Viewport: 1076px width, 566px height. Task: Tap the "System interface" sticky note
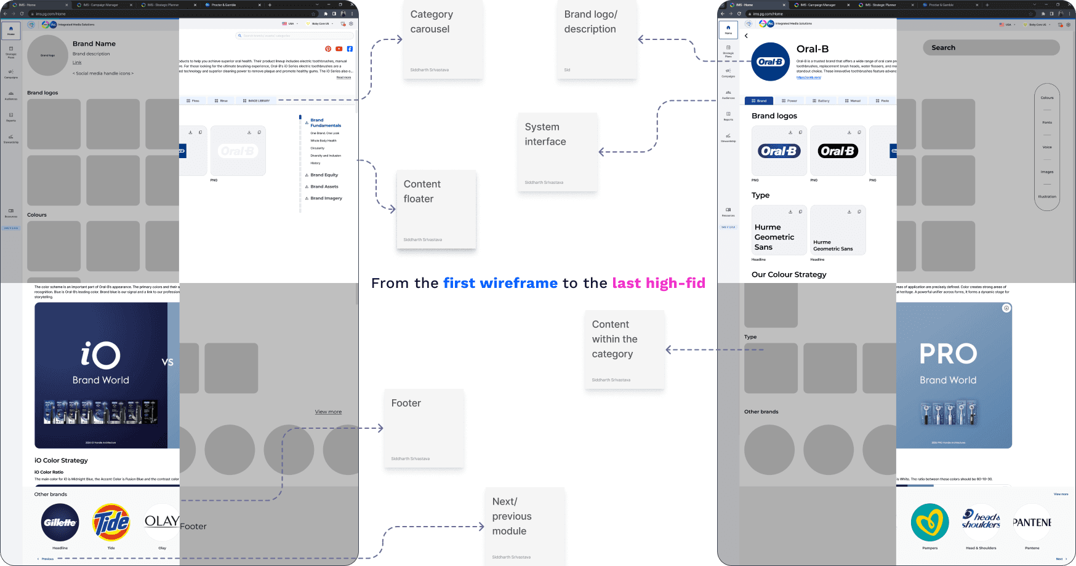point(557,151)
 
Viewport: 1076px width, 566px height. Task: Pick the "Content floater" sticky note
point(436,209)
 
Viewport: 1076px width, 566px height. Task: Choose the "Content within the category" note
point(624,349)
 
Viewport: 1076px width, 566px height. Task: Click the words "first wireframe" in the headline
point(500,283)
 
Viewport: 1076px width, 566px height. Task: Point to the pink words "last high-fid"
point(659,283)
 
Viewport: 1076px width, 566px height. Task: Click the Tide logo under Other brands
point(111,523)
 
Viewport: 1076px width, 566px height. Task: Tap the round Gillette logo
point(60,523)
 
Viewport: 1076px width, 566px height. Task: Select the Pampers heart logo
point(929,523)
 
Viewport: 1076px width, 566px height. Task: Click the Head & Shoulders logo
point(981,520)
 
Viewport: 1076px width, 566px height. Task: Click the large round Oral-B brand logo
point(770,62)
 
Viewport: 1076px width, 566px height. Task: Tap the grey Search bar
point(991,47)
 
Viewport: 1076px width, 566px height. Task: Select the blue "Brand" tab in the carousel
point(759,101)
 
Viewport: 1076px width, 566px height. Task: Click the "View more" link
point(328,412)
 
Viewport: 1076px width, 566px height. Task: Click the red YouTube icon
point(339,49)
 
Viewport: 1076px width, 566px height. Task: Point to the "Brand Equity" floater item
point(324,175)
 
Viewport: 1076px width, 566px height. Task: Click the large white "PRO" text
point(948,354)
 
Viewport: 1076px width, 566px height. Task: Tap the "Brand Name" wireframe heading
point(94,44)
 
